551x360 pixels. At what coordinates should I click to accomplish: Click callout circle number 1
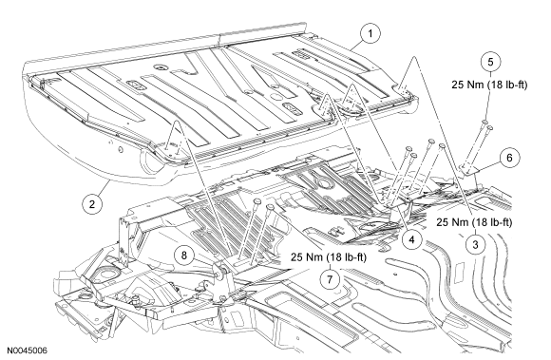pos(370,33)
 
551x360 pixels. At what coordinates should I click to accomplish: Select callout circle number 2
pos(92,204)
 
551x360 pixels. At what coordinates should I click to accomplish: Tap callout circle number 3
pos(475,244)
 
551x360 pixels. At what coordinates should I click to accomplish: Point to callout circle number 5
pos(490,62)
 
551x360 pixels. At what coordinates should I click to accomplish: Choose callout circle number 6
pos(509,158)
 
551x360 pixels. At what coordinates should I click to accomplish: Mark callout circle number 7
pos(330,279)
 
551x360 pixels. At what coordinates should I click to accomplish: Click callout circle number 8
pos(184,255)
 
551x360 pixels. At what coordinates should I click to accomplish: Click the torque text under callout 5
pos(489,85)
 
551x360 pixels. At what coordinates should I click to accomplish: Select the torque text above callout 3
pos(474,222)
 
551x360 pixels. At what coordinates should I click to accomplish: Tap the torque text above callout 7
pos(328,257)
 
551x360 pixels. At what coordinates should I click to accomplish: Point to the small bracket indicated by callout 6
pos(471,169)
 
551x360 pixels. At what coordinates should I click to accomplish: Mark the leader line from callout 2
pos(104,187)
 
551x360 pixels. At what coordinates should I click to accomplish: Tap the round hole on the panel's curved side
pos(121,150)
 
